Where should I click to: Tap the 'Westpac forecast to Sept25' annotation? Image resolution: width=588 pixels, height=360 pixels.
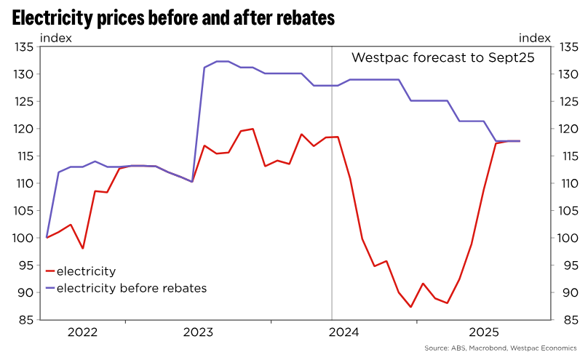[x=443, y=58]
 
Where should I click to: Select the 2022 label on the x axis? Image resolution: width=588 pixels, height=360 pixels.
[x=82, y=332]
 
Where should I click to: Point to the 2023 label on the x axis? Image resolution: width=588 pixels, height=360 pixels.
[x=198, y=332]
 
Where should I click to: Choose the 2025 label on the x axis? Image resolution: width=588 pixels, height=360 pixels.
[x=484, y=332]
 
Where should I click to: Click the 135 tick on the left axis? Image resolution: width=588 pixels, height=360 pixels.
[x=25, y=47]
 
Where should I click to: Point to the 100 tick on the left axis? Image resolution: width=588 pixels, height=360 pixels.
[x=25, y=238]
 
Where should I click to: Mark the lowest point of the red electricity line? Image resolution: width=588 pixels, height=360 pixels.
[x=411, y=307]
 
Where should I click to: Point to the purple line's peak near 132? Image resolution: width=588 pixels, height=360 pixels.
[x=223, y=61]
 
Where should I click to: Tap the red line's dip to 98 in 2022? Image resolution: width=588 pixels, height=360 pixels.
[x=83, y=249]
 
